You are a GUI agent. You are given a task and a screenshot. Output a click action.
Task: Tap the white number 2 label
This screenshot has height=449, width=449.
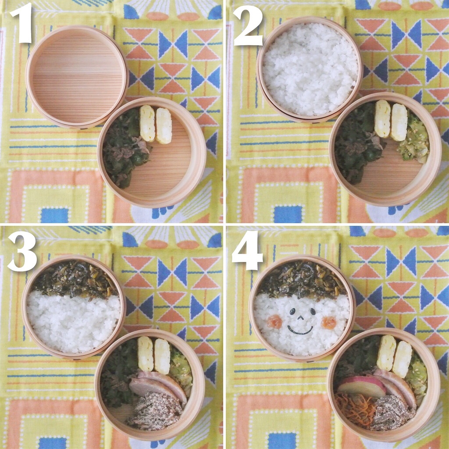point(248,26)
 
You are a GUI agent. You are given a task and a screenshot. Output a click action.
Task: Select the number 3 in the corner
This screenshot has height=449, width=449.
point(22,251)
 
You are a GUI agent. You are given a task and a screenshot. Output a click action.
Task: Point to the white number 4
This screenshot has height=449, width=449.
point(247,251)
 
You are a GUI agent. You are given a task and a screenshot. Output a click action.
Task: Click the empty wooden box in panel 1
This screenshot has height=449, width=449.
point(76,77)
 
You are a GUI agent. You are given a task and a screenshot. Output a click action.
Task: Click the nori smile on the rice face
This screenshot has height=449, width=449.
point(300,331)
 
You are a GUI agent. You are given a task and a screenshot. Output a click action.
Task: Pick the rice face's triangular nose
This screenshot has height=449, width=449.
point(300,317)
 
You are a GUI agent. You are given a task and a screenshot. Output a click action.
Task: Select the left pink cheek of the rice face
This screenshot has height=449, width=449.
point(275,321)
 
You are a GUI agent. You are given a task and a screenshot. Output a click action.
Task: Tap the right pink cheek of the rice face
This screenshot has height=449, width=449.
point(328,323)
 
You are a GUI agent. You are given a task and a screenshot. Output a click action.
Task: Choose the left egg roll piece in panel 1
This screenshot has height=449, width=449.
point(147,123)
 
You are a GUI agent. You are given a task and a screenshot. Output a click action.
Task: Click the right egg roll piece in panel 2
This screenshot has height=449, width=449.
point(399,122)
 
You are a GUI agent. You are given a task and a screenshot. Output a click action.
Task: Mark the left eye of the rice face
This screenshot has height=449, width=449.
point(292,311)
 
